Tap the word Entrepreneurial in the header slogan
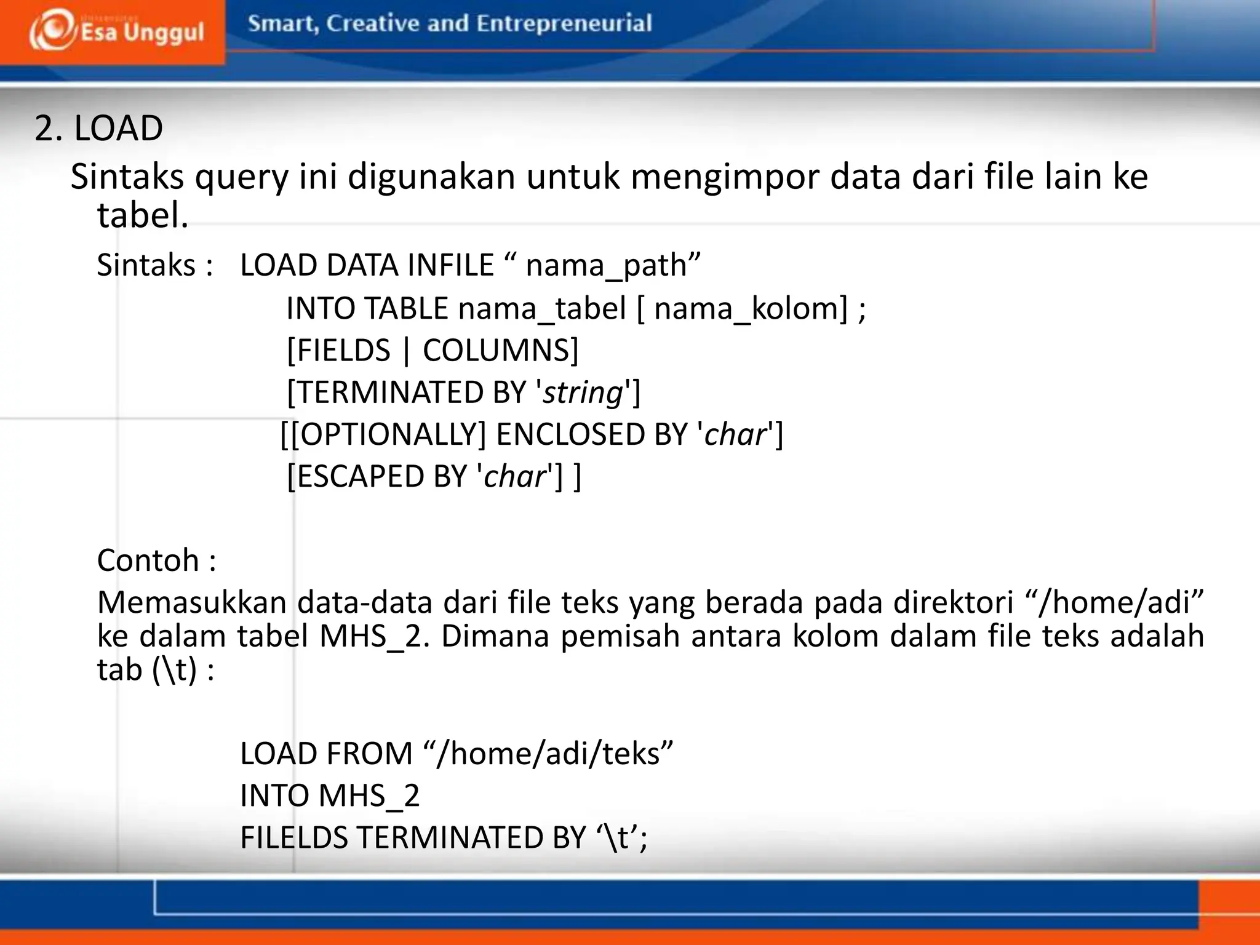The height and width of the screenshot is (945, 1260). coord(564,23)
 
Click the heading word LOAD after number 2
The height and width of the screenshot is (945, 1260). coord(118,129)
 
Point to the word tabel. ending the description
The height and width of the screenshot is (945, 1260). coord(142,216)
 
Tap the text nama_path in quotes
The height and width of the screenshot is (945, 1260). coord(606,266)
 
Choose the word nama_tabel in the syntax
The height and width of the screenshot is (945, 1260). coord(541,308)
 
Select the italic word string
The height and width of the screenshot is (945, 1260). coord(583,393)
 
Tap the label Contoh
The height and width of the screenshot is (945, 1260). coord(148,560)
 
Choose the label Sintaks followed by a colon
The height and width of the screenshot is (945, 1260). coord(146,266)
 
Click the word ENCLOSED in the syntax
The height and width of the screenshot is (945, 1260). coord(591,434)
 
